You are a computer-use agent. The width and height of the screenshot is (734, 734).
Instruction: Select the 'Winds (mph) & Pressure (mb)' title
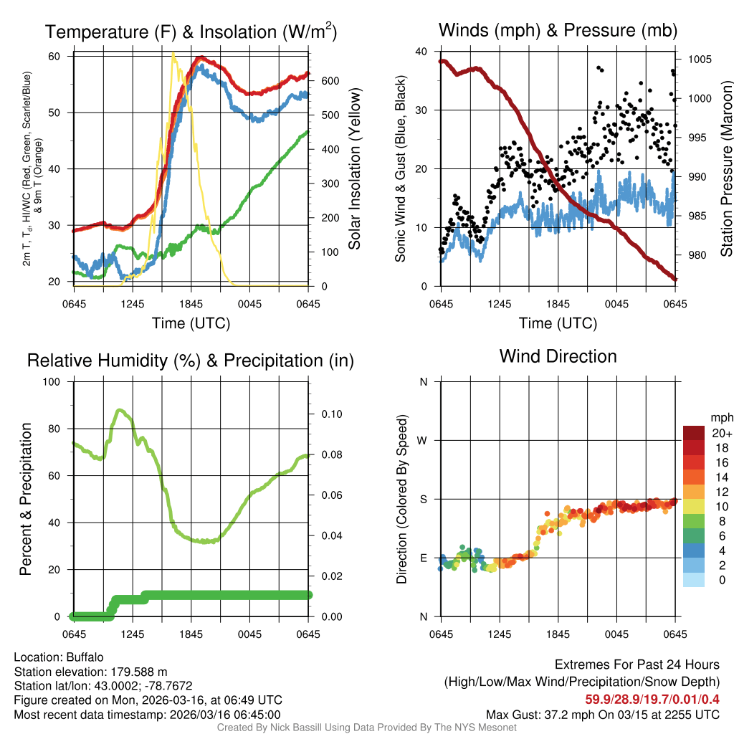[558, 30]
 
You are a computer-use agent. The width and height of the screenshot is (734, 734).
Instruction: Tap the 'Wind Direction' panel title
[558, 356]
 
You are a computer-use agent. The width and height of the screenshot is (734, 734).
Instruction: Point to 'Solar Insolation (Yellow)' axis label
[354, 169]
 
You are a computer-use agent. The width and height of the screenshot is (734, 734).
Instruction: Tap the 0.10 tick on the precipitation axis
[332, 414]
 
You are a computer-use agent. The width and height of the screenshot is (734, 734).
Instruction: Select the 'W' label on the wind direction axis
[422, 440]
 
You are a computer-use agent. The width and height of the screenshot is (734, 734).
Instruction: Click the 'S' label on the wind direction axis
[423, 499]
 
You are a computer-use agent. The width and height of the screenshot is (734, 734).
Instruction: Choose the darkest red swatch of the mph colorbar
[694, 433]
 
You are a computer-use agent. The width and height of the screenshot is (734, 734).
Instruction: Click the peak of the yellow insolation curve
[173, 53]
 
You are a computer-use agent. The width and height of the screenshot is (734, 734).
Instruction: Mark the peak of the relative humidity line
[120, 410]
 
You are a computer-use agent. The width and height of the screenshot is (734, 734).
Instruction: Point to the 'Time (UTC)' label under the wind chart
[558, 323]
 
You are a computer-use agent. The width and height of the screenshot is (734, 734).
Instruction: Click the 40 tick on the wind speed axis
[422, 52]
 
